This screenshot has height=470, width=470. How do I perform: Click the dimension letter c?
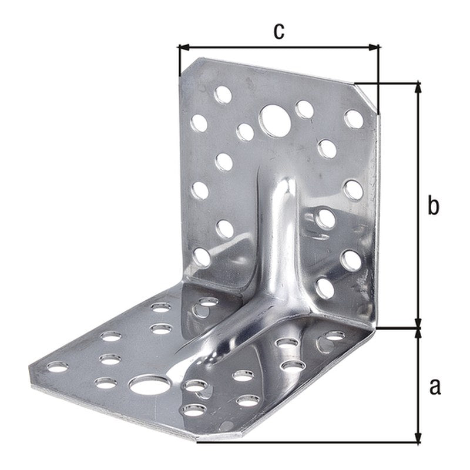pyautogui.click(x=278, y=32)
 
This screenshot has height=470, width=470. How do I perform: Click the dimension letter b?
pyautogui.click(x=433, y=205)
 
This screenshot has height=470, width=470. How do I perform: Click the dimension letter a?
pyautogui.click(x=435, y=387)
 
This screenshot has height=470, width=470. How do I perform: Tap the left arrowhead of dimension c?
pyautogui.click(x=184, y=47)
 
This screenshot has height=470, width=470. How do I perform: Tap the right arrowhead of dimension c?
pyautogui.click(x=374, y=47)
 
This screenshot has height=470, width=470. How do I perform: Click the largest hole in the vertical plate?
pyautogui.click(x=274, y=120)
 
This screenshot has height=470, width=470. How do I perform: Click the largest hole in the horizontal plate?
pyautogui.click(x=149, y=385)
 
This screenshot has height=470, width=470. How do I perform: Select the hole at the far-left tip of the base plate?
pyautogui.click(x=58, y=367)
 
